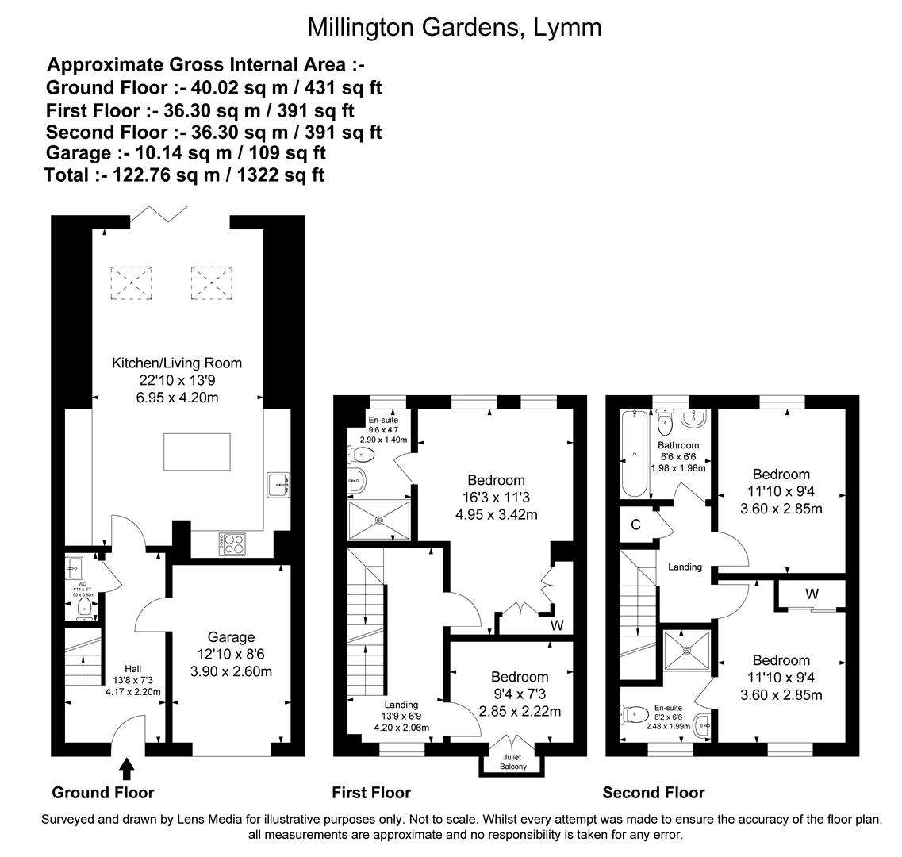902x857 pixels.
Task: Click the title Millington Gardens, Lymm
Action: [x=454, y=27]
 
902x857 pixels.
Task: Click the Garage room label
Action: [x=231, y=637]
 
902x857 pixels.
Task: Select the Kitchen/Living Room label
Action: [x=176, y=363]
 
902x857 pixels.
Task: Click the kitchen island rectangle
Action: [x=197, y=451]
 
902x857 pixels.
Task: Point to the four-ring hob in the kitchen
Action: [x=230, y=544]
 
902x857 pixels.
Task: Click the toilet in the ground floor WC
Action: [x=83, y=609]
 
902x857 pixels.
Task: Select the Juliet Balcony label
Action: [x=512, y=762]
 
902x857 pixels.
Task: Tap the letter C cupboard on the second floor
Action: [x=635, y=525]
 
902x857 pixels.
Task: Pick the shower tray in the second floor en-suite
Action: [x=686, y=651]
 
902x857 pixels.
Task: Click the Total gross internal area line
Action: [x=184, y=175]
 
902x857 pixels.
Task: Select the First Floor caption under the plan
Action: [x=371, y=793]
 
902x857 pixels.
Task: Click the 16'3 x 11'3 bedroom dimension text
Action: [x=496, y=498]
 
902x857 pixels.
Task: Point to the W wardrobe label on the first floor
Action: [x=557, y=625]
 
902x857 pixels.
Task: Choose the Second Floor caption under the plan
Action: [x=653, y=793]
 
